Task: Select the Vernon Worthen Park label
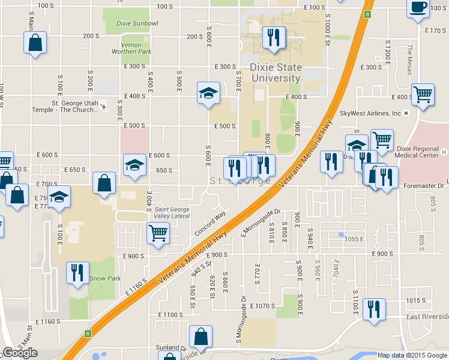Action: coord(131,48)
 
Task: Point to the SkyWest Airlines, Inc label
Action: coord(370,113)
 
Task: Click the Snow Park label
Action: coord(105,279)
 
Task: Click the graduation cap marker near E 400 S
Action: coord(208,93)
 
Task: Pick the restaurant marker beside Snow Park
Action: coord(77,272)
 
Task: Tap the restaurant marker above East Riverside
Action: coord(374,310)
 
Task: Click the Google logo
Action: coord(20,353)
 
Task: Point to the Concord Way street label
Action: coord(210,223)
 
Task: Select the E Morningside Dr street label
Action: coord(261,222)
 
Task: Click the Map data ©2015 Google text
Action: coord(411,355)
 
